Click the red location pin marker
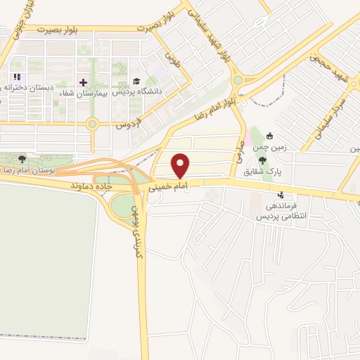181,165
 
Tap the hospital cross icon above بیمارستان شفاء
84,82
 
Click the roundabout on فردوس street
92,125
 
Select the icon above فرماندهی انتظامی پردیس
282,195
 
